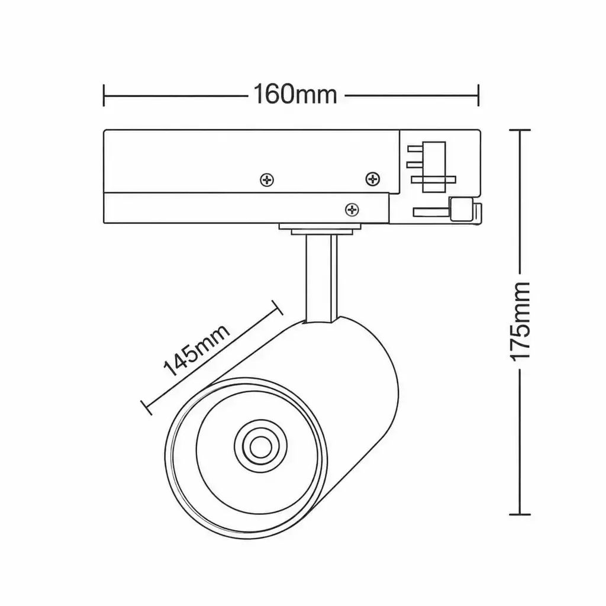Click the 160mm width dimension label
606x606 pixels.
click(295, 94)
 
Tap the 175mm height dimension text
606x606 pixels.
click(520, 321)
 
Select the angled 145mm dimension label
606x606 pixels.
click(196, 350)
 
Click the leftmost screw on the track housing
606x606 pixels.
click(267, 180)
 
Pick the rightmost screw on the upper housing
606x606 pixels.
click(373, 179)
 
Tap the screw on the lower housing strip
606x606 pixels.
click(352, 210)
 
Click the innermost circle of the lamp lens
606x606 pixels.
click(260, 447)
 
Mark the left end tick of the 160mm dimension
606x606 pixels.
click(104, 95)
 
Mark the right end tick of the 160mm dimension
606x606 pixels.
click(478, 95)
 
